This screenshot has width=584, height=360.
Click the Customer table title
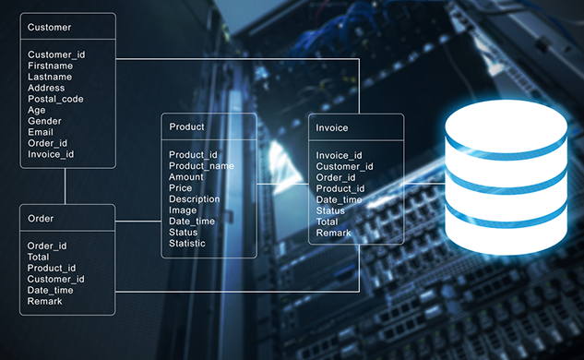49,28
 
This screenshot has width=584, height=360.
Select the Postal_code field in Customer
55,99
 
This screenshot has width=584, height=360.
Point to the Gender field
44,121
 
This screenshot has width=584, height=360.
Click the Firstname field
50,66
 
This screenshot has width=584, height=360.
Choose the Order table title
41,219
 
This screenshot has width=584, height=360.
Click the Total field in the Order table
39,258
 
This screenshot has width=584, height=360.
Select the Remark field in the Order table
44,302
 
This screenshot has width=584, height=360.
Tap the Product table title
186,126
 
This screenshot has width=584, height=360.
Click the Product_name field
201,165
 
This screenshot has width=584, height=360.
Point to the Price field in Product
181,187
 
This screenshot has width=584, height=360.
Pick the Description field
194,198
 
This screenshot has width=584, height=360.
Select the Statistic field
187,243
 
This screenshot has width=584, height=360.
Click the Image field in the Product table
183,210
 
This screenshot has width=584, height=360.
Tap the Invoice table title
331,127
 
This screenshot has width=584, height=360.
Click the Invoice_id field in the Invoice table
339,155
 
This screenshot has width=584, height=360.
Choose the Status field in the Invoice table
330,210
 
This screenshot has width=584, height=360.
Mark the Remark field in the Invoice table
333,233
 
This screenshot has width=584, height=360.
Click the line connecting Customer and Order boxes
66,186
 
